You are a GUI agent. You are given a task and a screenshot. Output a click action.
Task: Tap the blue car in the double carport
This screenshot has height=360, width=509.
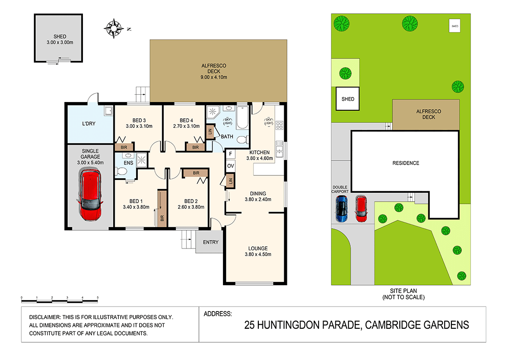pos(341,209)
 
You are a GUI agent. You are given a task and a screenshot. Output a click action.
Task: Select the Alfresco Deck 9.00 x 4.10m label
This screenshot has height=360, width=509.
pos(214,72)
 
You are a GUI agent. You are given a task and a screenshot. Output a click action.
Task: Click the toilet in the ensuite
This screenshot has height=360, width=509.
pos(121,172)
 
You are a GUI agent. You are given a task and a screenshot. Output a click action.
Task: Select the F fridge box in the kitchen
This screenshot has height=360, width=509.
pos(230,154)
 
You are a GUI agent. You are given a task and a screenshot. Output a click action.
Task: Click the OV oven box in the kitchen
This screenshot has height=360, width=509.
pos(230,166)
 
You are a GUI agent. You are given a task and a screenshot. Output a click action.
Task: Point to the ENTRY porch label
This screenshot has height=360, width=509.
pos(210,242)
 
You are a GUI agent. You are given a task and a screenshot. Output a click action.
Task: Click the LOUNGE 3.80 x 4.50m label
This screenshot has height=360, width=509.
pos(257,251)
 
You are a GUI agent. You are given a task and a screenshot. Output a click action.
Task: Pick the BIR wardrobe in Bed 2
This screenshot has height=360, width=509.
pos(195,173)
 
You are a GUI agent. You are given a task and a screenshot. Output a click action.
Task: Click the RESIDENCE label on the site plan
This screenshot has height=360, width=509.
pos(406,163)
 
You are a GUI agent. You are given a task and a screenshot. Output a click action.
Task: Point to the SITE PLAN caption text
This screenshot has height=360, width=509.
pos(402,291)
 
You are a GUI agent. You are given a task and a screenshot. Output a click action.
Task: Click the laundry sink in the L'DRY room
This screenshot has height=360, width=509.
pos(107,111)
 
